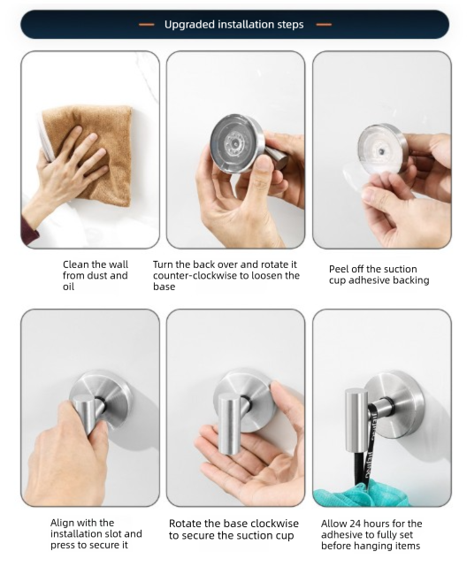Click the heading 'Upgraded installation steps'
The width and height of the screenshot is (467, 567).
[233, 24]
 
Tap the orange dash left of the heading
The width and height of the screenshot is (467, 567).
[147, 24]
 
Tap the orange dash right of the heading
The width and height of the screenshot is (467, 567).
[324, 24]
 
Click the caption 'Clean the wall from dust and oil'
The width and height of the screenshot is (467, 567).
[95, 275]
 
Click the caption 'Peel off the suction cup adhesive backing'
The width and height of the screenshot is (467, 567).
[379, 274]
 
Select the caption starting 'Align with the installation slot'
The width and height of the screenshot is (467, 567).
[96, 533]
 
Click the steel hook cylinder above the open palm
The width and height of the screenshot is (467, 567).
[232, 425]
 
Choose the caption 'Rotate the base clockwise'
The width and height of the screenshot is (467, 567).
[233, 529]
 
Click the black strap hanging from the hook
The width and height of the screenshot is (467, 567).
[365, 460]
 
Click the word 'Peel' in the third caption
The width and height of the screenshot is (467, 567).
[341, 269]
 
